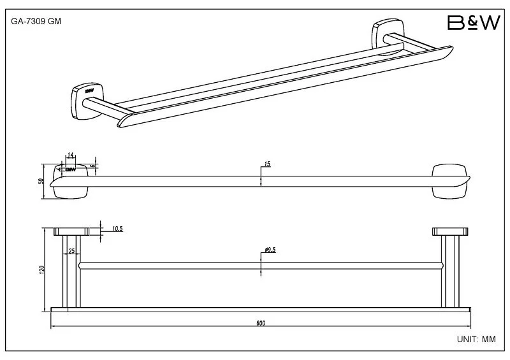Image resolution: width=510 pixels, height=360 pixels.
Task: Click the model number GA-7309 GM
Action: click(x=36, y=21)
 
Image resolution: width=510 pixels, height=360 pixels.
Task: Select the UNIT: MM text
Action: click(x=476, y=340)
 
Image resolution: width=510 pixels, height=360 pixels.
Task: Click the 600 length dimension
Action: click(x=260, y=323)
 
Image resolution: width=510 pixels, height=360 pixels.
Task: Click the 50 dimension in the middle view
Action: click(x=42, y=181)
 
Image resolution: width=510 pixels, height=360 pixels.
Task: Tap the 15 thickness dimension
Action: click(x=266, y=164)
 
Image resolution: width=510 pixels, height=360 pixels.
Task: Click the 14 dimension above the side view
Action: click(x=71, y=155)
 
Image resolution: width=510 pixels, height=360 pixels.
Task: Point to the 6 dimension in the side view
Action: click(x=93, y=165)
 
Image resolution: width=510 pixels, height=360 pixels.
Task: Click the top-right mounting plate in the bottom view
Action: click(x=449, y=231)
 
